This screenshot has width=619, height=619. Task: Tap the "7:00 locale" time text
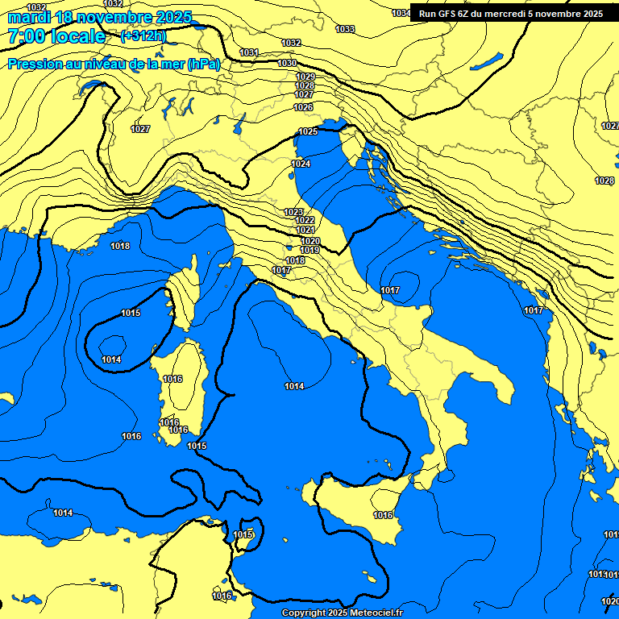point(56,36)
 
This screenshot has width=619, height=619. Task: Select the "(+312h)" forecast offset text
point(143,36)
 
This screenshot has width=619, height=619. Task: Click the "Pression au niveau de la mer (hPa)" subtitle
point(114,64)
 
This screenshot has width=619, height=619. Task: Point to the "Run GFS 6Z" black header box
point(511,13)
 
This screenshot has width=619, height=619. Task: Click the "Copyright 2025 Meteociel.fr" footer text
point(342,613)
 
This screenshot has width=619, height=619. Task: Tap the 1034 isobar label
point(401,13)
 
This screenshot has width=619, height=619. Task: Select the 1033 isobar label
point(345,29)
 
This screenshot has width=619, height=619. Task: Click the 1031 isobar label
point(250,52)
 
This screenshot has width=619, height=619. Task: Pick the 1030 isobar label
point(287,63)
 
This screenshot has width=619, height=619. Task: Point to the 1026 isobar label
point(303,107)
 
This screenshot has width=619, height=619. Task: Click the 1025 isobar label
point(308,131)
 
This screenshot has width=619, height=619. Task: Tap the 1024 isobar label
point(301,164)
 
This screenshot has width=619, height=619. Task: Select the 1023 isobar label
point(293,212)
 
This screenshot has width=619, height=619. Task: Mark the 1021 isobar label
point(305,230)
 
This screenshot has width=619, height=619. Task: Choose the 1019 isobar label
point(310,250)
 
